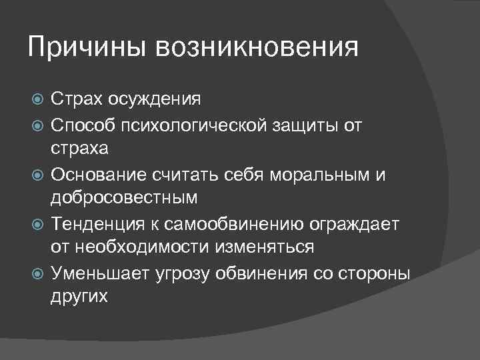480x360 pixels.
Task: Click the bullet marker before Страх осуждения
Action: click(38, 101)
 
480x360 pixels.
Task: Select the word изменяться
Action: click(264, 247)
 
